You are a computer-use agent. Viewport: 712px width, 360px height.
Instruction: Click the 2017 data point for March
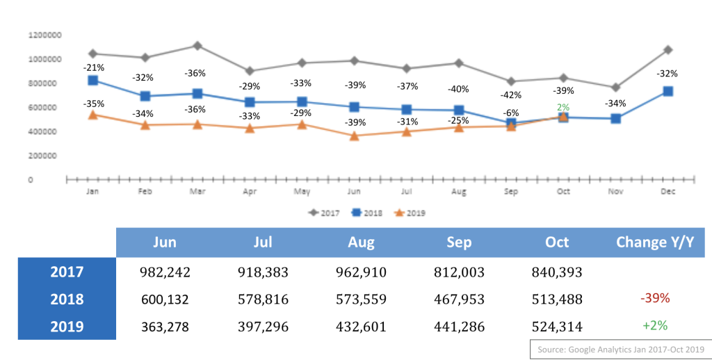[197, 46]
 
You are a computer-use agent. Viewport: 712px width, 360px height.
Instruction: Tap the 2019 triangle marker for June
[355, 136]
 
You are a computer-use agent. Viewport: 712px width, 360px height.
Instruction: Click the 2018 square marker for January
[92, 80]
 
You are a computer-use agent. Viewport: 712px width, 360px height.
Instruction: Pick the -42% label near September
[511, 95]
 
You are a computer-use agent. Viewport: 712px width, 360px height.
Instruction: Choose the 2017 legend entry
[324, 213]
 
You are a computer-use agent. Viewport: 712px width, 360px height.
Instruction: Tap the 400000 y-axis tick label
[44, 131]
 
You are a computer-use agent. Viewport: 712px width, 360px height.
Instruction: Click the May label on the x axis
[302, 190]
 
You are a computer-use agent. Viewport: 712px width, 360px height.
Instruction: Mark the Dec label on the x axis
[669, 190]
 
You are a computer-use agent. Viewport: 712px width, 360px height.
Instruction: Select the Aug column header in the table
[361, 242]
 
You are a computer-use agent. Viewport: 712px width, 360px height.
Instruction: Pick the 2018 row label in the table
[67, 299]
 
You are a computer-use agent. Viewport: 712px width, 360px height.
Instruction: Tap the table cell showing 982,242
[164, 272]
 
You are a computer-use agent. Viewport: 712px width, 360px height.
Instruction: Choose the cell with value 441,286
[458, 326]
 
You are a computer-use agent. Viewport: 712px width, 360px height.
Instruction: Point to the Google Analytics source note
[620, 350]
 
